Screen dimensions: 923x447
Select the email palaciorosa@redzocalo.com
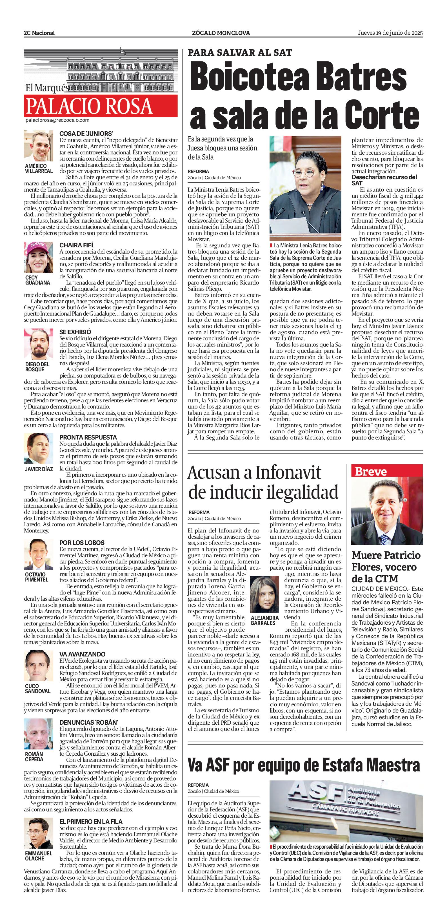click(57, 120)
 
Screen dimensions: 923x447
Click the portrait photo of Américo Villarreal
click(38, 146)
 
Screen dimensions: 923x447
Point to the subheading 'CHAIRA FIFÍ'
click(76, 245)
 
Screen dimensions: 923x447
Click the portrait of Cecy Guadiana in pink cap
click(38, 257)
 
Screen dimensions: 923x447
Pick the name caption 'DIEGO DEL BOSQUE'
click(37, 367)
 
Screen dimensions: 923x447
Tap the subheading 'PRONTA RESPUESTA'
click(88, 437)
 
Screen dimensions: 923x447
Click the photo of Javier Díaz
click(38, 449)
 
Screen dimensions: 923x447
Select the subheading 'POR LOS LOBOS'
click(82, 542)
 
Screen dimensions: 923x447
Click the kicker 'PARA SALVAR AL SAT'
click(240, 53)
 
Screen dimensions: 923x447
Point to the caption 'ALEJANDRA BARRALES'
click(265, 620)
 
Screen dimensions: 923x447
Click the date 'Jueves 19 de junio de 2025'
click(390, 33)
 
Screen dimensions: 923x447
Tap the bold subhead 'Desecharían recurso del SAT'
click(384, 180)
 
